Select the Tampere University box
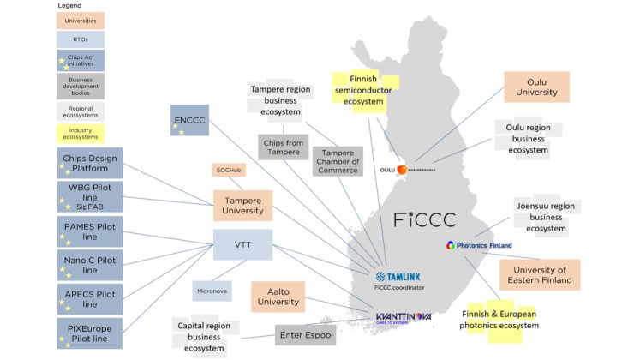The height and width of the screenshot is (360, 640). (242, 206)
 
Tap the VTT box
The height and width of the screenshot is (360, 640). (242, 244)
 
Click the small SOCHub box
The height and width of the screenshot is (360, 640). (229, 171)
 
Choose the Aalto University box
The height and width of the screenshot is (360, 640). (279, 297)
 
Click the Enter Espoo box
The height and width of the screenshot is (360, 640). (304, 334)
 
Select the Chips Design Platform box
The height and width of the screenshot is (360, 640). (90, 163)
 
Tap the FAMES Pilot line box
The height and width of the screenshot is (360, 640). (90, 231)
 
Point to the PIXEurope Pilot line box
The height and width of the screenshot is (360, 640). (90, 333)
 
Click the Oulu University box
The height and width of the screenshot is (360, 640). (536, 87)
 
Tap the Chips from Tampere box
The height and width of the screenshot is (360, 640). (284, 147)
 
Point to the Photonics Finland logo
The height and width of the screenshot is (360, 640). (479, 245)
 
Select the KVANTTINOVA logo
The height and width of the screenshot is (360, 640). (404, 318)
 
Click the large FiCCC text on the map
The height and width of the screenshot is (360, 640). (424, 219)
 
